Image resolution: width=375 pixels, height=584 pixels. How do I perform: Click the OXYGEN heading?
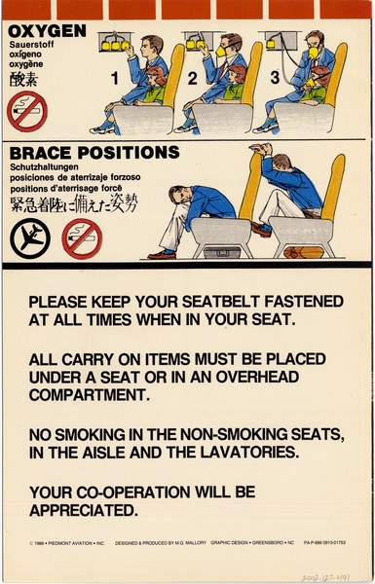point(47,31)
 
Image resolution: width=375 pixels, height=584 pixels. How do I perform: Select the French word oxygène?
point(27,66)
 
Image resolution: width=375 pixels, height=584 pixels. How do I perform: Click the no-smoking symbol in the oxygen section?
point(26,112)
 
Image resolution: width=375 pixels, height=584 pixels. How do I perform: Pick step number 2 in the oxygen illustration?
point(192,76)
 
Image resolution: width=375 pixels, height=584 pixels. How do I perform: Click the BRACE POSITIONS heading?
point(94,153)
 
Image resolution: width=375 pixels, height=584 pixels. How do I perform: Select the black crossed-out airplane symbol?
point(29,237)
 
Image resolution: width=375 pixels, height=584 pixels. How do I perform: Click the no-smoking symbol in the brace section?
point(82,237)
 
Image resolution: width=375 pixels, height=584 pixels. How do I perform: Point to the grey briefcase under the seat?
point(219,252)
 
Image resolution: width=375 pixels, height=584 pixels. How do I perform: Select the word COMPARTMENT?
point(89,395)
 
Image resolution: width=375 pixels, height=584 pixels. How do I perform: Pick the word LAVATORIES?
point(252,451)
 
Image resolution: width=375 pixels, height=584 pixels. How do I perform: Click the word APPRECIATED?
point(83,508)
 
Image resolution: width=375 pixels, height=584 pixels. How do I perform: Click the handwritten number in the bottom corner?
point(335,574)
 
